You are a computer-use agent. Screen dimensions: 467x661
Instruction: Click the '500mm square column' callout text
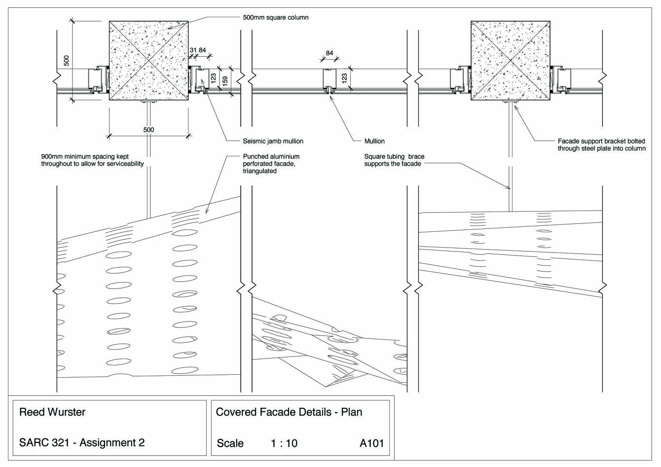(x=275, y=17)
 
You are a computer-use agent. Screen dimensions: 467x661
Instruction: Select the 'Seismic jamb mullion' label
(x=273, y=141)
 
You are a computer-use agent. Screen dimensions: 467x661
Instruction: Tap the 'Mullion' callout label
(x=374, y=141)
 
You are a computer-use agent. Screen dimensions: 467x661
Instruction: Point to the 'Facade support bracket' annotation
(x=601, y=144)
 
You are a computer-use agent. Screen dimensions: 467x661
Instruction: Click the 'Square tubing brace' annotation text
(x=394, y=160)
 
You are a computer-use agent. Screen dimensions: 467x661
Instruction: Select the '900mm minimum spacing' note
(x=92, y=160)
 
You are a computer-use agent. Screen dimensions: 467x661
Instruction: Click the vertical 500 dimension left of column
(x=67, y=61)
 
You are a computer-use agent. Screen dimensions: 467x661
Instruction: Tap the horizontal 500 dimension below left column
(x=148, y=130)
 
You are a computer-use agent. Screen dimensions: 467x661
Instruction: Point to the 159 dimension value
(x=225, y=81)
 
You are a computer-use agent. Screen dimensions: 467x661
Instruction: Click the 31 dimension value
(x=193, y=50)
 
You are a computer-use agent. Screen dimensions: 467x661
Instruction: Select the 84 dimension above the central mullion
(x=330, y=53)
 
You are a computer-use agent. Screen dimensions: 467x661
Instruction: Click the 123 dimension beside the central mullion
(x=345, y=77)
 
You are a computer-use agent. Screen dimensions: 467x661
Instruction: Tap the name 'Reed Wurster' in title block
(x=52, y=412)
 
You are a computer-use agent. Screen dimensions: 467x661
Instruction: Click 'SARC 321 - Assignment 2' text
(x=82, y=442)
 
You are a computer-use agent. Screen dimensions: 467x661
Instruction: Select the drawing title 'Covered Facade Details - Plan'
(x=289, y=412)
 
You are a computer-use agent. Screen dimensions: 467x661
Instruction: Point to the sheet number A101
(x=371, y=443)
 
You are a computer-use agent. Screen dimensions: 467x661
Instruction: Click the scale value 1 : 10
(x=284, y=443)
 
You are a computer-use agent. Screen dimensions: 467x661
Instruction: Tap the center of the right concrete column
(x=510, y=61)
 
